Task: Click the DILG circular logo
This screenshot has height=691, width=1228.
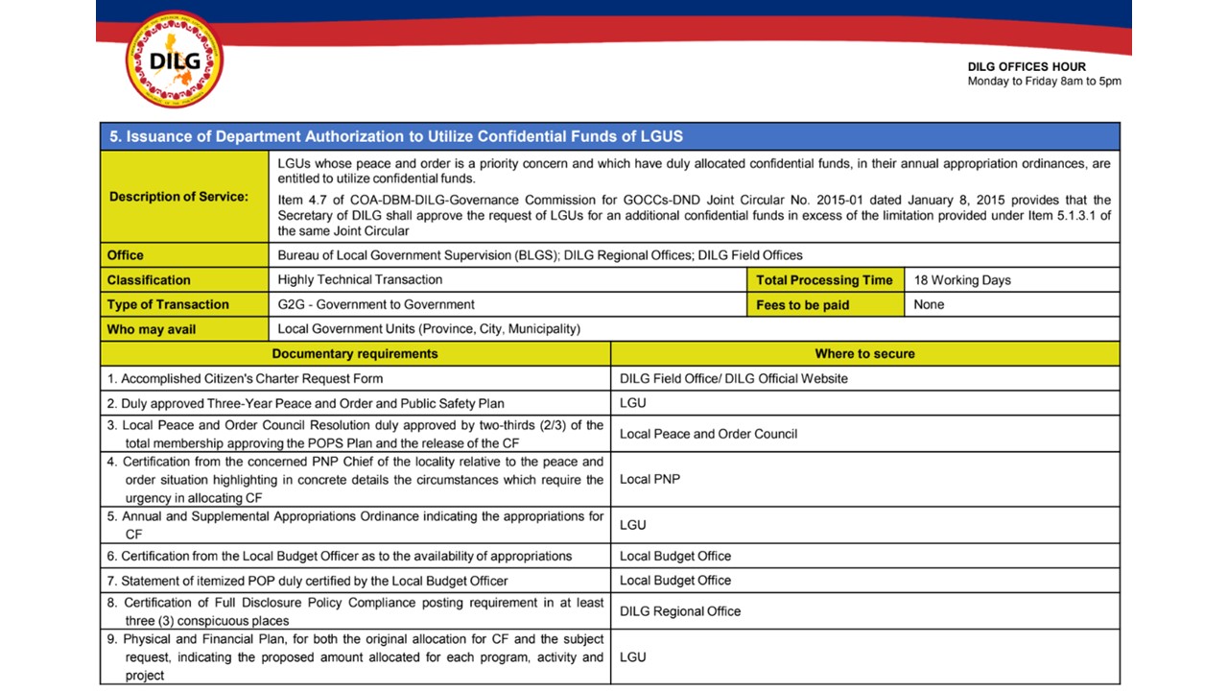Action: (174, 60)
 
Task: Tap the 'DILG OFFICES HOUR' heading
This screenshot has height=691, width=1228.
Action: (1027, 67)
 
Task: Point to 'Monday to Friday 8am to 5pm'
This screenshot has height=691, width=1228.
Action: (1044, 82)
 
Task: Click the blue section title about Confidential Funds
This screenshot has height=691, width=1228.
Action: (396, 136)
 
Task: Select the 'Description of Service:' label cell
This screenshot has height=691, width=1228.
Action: (178, 197)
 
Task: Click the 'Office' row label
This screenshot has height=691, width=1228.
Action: (126, 255)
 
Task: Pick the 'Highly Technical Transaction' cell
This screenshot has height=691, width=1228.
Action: (360, 280)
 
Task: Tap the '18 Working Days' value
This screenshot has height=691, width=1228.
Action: (962, 280)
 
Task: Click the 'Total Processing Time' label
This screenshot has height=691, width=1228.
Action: (824, 280)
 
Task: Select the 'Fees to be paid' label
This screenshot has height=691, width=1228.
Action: (803, 305)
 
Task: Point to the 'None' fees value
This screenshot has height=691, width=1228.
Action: (929, 305)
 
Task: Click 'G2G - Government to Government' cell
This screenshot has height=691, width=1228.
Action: (376, 305)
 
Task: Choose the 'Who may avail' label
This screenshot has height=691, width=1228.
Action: (152, 329)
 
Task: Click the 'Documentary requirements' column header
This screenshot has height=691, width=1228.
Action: (355, 354)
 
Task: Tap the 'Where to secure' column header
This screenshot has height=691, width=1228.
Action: (864, 354)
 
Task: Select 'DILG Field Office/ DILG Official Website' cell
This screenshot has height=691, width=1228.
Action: (734, 378)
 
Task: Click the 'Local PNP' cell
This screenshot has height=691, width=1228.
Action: (649, 479)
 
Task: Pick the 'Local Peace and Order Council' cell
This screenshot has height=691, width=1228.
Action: (708, 434)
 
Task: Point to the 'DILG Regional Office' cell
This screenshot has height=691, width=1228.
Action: (680, 611)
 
